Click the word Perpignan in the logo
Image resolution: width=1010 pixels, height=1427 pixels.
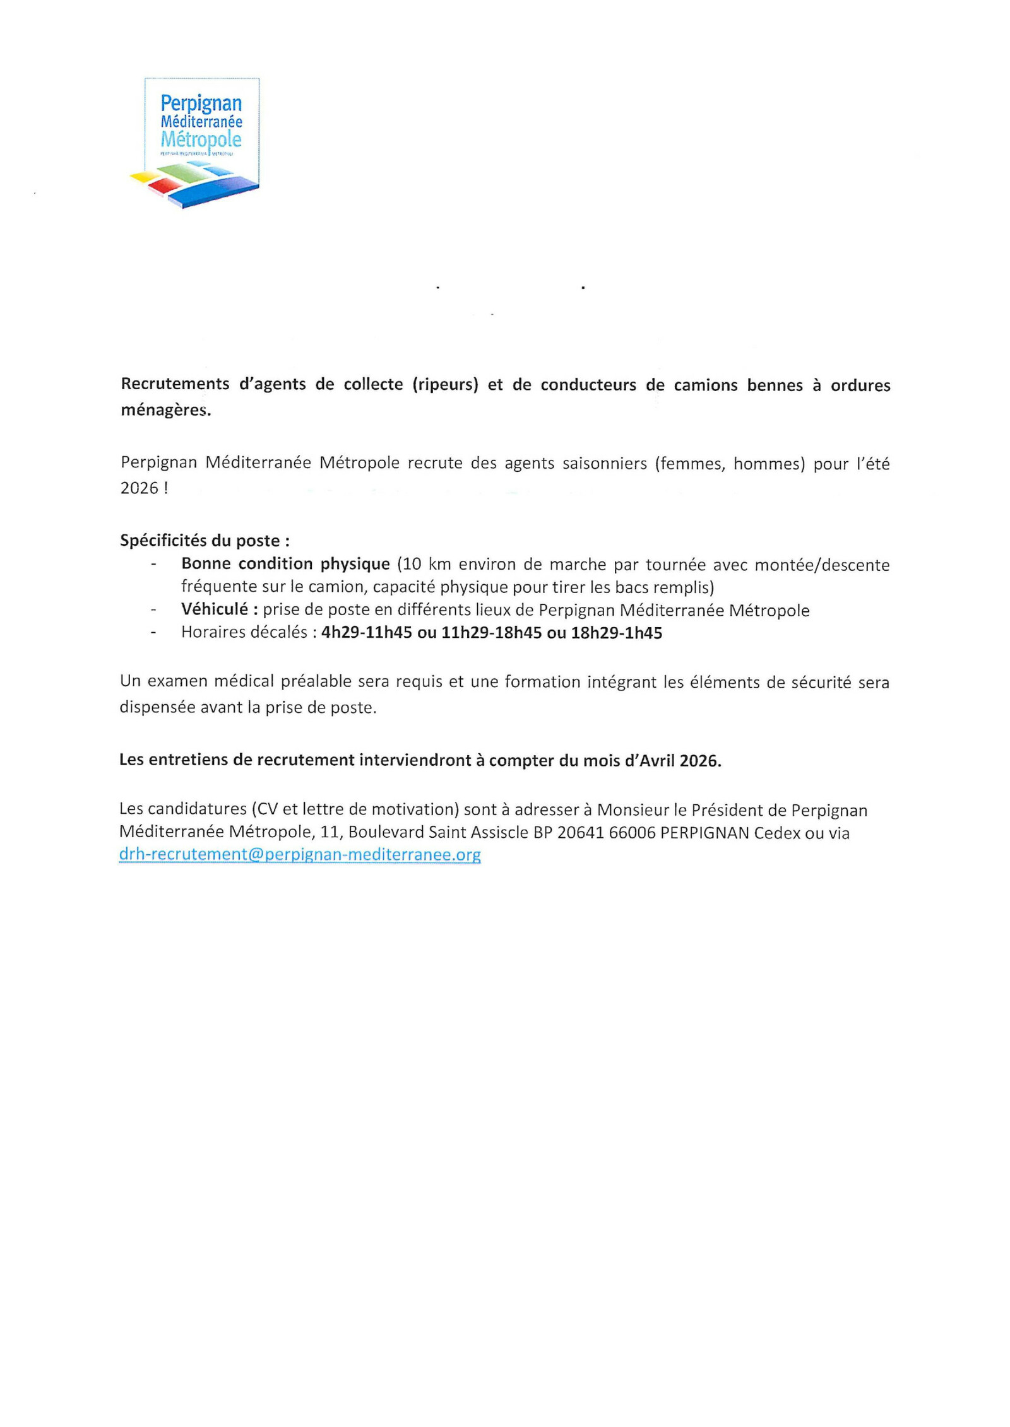coord(201,103)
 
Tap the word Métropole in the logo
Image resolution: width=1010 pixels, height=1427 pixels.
coord(201,139)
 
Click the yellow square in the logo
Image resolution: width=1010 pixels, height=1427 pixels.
coord(143,177)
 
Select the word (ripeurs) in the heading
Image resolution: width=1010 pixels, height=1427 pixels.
coord(445,384)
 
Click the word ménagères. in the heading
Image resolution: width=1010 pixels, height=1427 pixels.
coord(166,410)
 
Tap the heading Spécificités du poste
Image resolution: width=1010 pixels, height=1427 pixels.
coord(205,541)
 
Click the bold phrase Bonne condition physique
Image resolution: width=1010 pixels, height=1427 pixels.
coord(285,563)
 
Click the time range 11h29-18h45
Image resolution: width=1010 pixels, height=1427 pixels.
coord(491,633)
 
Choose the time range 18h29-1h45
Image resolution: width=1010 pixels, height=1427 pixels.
coord(616,633)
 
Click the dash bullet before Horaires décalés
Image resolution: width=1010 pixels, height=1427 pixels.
coord(153,633)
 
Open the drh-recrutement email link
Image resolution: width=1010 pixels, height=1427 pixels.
coord(300,854)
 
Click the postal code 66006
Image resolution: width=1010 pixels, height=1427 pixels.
coord(633,833)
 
